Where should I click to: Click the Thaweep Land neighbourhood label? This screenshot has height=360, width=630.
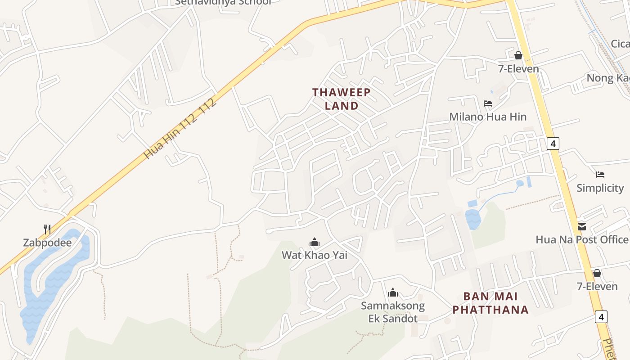(342, 99)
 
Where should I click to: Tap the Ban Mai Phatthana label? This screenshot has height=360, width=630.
(490, 303)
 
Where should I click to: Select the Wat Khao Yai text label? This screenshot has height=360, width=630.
(315, 255)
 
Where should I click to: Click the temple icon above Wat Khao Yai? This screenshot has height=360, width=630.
(315, 243)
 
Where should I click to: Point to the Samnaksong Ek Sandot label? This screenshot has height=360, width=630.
(393, 312)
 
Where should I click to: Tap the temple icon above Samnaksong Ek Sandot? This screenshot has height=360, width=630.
(393, 293)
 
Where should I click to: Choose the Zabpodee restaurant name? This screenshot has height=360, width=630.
(47, 243)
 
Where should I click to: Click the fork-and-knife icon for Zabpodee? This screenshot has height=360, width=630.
(47, 229)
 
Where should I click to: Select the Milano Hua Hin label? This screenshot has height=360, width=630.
(488, 117)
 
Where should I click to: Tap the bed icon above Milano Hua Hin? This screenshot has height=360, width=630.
(488, 103)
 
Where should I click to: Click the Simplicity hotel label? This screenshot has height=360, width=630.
(600, 188)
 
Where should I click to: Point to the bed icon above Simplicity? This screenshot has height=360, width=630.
(600, 175)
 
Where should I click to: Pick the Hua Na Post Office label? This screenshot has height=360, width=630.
(582, 239)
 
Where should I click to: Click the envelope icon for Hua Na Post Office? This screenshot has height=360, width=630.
(582, 226)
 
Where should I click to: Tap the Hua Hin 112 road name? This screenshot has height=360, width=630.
(180, 128)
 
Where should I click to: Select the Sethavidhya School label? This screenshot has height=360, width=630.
(223, 2)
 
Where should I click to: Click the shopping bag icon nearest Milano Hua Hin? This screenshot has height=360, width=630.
(518, 55)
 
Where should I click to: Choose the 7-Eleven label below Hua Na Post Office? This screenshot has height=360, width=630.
(597, 286)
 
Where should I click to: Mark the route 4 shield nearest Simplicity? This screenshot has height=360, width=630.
(553, 144)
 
